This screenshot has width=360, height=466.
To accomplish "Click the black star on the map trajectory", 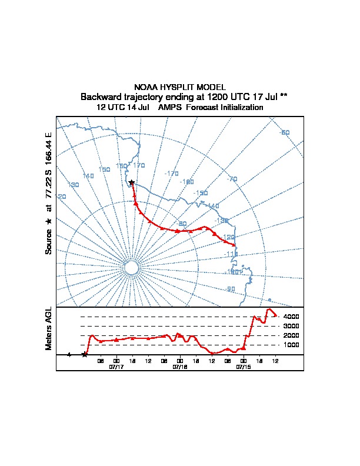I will click(x=131, y=182).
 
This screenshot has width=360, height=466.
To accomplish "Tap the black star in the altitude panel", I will click(x=85, y=354).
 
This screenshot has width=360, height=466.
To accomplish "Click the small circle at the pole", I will click(x=132, y=268).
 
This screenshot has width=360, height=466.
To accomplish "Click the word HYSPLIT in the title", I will click(x=179, y=87).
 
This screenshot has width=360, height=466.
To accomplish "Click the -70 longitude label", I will click(x=231, y=179).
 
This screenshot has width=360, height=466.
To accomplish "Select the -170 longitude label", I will click(x=171, y=174).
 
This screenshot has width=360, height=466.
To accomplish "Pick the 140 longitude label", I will click(x=88, y=176).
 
